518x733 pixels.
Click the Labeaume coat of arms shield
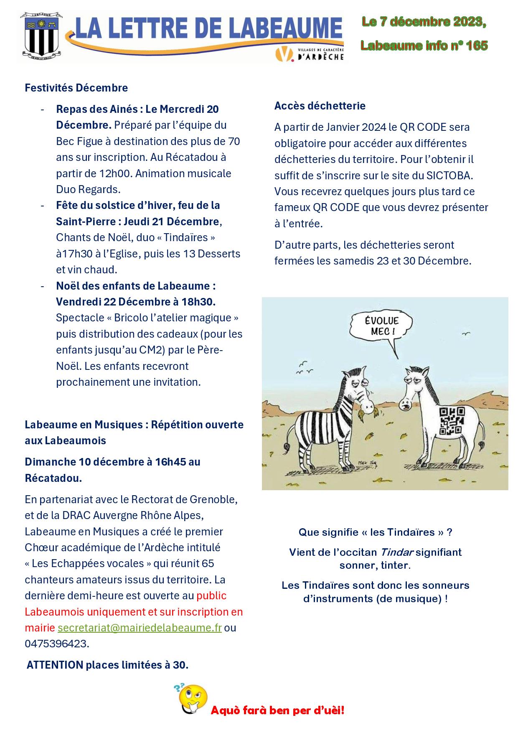coord(41,36)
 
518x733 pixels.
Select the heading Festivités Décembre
coord(76,88)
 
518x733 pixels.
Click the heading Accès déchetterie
coord(320,106)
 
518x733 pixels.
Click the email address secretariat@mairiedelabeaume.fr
coord(140,628)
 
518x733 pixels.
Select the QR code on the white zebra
coord(451,420)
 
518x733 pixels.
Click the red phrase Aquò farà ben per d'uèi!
coord(277,710)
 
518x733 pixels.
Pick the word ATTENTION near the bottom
coord(55,665)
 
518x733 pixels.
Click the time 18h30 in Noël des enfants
coord(198,301)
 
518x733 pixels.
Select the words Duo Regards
coord(88,189)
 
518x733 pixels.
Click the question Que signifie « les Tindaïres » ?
coord(375,532)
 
